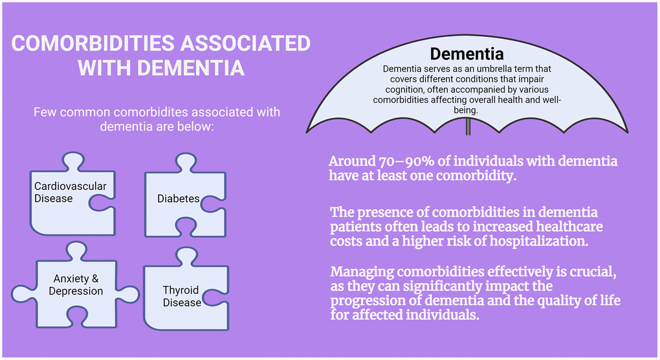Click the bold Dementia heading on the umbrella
pos(467,54)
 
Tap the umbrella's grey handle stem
pos(468,126)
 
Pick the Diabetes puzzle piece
pos(185,196)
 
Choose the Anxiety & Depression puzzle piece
pos(75,286)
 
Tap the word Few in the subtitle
pos(44,113)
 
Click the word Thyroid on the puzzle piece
pos(181,290)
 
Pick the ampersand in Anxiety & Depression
pos(95,278)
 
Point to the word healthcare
pos(569,227)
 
